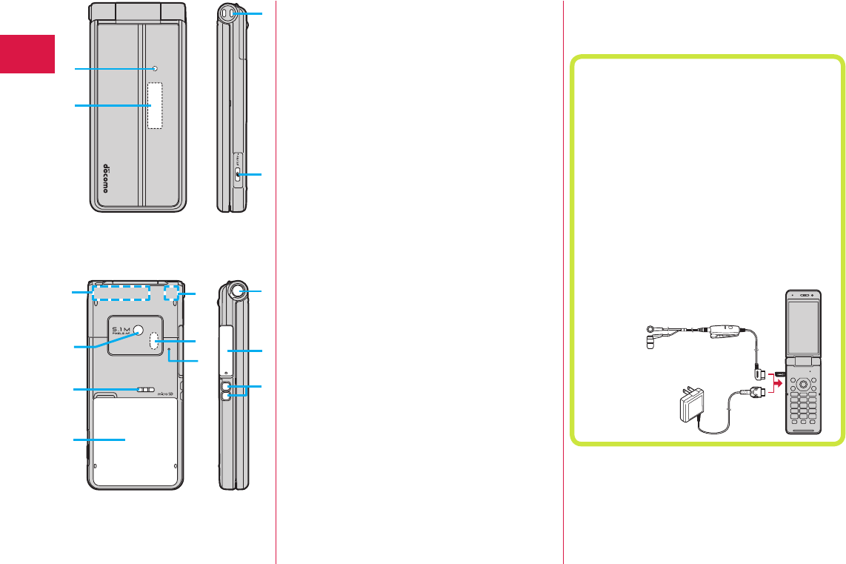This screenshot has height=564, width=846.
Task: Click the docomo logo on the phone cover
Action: pos(105,176)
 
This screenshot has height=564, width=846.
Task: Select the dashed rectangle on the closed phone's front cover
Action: pos(155,105)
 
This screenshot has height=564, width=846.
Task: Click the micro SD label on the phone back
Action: pos(164,394)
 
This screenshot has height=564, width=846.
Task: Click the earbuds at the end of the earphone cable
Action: pos(650,335)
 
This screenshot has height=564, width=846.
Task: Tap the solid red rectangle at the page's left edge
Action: pos(27,53)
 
